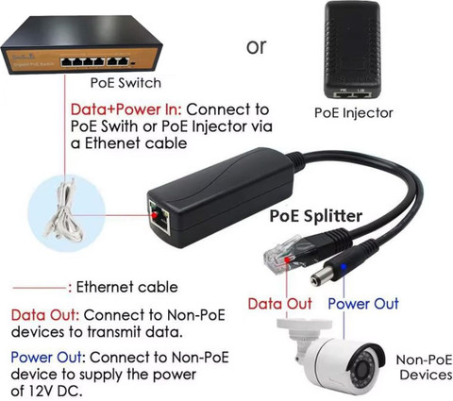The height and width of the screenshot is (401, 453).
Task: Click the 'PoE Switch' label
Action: click(126, 83)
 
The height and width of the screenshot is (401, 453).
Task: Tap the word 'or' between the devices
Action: click(257, 47)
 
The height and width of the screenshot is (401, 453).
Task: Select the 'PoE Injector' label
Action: click(354, 112)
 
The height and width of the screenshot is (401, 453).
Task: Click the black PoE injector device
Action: click(353, 50)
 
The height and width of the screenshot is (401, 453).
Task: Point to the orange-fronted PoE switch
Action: click(81, 44)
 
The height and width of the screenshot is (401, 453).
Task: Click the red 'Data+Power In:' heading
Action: click(126, 109)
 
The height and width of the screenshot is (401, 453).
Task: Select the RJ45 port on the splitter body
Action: click(159, 217)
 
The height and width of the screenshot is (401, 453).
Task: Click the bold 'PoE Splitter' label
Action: click(316, 216)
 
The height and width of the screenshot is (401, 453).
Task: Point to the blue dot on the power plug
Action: click(344, 267)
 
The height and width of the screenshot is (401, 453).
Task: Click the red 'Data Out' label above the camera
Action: click(279, 304)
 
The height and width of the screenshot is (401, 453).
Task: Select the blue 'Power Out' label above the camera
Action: click(363, 304)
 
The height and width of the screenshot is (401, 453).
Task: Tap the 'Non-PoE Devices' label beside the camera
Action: click(425, 367)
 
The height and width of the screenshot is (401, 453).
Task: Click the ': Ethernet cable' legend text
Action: click(123, 287)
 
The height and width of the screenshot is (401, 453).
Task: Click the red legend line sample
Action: click(40, 288)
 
